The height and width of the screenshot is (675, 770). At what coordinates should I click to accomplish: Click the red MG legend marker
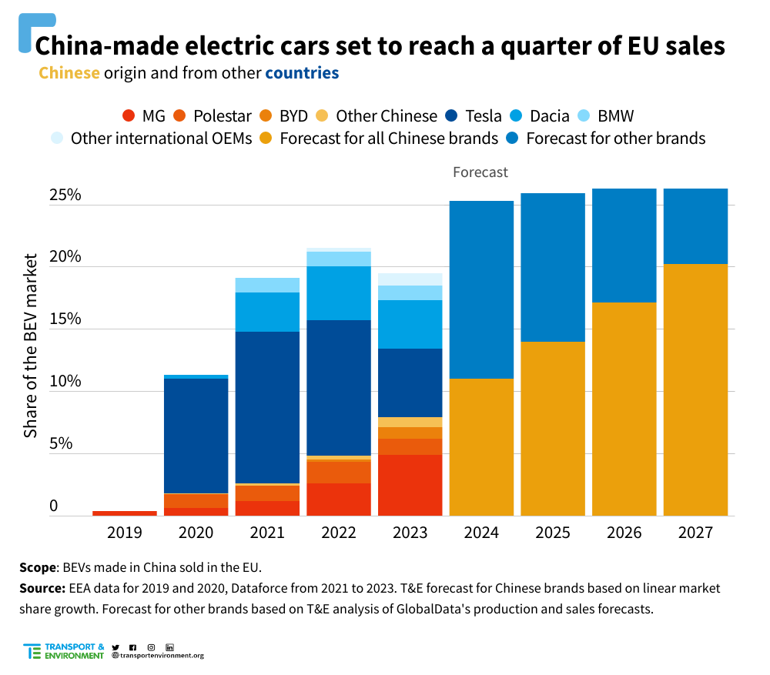click(x=129, y=116)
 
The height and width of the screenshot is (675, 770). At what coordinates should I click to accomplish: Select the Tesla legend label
click(x=484, y=116)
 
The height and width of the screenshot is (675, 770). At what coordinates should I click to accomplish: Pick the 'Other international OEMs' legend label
click(x=161, y=139)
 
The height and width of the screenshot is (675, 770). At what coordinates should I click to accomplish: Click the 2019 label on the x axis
click(x=124, y=533)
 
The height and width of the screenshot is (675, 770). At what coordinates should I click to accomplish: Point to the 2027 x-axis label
click(x=695, y=533)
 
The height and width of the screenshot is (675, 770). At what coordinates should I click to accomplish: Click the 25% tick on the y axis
click(x=65, y=195)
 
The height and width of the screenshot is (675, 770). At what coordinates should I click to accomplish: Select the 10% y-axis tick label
click(x=65, y=382)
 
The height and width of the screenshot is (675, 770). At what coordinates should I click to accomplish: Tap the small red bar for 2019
click(x=125, y=513)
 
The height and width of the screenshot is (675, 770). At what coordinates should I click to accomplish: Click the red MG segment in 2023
click(x=410, y=485)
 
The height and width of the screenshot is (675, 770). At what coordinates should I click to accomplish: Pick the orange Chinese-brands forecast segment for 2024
click(x=481, y=446)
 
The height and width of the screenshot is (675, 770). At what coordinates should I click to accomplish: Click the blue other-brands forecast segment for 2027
click(x=695, y=226)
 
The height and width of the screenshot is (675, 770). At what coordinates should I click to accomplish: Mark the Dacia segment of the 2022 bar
click(x=339, y=292)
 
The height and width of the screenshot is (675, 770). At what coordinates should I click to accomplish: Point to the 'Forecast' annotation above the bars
click(x=480, y=172)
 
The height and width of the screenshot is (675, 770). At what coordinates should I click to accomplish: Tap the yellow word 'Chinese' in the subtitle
click(x=69, y=74)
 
